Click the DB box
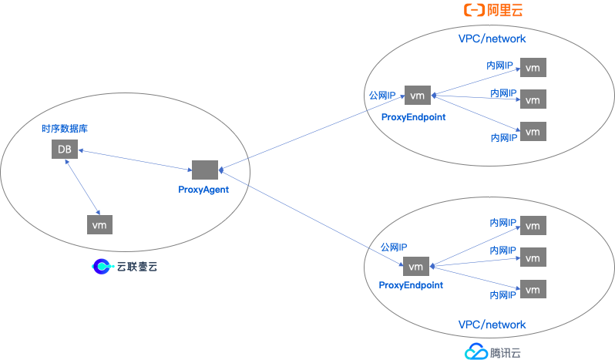coord(65,150)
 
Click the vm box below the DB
coord(99,224)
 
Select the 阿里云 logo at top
coord(492,10)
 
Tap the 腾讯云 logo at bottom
coord(492,352)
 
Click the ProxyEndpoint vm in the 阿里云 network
coord(417,96)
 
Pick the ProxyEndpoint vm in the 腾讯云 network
coord(415,267)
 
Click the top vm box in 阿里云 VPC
coord(533,68)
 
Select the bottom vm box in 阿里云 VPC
coord(533,131)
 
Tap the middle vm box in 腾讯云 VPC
coord(533,257)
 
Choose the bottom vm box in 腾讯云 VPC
coord(533,289)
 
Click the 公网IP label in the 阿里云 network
coord(383,96)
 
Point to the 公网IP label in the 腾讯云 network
coord(394,247)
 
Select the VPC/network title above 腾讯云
coord(492,325)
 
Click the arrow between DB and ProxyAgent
coord(135,160)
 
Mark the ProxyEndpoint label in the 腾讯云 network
coord(411,285)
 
